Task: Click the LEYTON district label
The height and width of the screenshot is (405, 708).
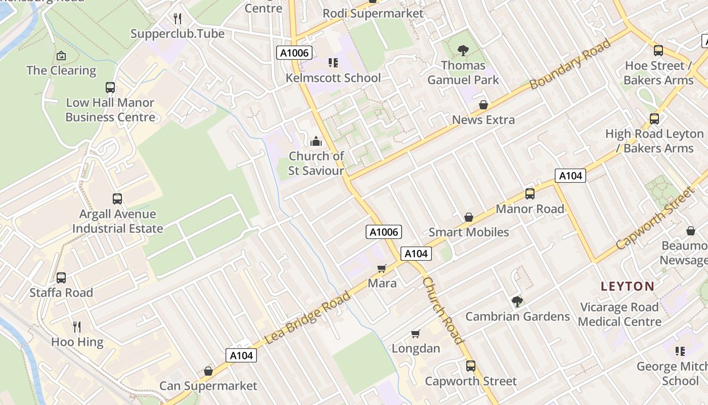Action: (627, 286)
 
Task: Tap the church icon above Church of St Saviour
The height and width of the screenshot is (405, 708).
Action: (316, 141)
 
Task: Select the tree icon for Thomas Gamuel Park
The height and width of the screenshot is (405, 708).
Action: (463, 50)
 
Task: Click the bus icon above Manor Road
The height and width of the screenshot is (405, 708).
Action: (530, 193)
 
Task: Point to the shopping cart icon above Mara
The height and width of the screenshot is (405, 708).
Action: (382, 268)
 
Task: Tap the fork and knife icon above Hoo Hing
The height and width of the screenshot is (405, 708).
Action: (77, 327)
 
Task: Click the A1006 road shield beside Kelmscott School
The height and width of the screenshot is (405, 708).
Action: (294, 53)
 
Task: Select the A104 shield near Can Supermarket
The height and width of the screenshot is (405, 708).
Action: (241, 355)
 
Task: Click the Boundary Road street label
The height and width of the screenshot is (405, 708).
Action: (570, 64)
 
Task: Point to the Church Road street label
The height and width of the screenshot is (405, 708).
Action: (443, 310)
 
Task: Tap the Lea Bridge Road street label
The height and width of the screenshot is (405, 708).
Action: (307, 317)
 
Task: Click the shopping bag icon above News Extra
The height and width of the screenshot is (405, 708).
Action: (483, 105)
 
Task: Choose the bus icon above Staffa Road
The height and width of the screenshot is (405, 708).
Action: (61, 277)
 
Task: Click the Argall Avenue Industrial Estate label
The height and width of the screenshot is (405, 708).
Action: (117, 221)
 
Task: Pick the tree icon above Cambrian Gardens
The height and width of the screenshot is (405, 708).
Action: (517, 302)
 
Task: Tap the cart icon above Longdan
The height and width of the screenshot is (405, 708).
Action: (416, 334)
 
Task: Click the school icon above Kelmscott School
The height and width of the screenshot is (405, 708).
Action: (333, 63)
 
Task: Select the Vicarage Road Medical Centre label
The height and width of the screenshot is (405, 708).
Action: (619, 314)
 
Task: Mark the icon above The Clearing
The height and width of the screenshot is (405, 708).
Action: (61, 55)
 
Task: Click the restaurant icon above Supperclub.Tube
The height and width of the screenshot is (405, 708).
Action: (177, 19)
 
